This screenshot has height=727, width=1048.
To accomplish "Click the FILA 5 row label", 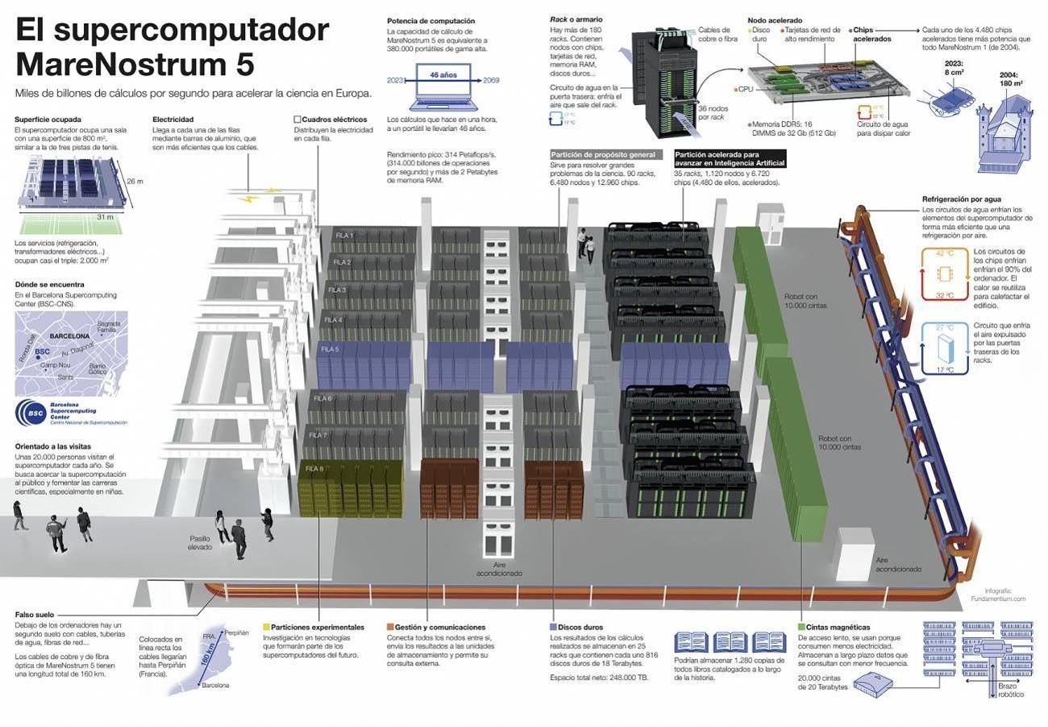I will click(x=330, y=349).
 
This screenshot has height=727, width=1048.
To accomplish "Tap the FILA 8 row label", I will click(x=314, y=469).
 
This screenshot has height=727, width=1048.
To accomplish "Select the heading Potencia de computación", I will click(x=430, y=21).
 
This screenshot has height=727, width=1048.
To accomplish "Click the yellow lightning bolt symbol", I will click(x=253, y=196).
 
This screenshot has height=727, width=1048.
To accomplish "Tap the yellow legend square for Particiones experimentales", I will click(x=267, y=627).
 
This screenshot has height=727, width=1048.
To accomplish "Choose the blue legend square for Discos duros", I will click(x=552, y=627).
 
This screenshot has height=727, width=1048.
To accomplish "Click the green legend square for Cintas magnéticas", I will click(x=801, y=627).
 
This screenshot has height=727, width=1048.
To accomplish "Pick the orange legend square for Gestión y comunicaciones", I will click(x=390, y=627).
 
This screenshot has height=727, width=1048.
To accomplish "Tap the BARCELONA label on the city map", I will click(x=70, y=336).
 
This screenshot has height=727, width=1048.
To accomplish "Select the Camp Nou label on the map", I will click(x=55, y=366).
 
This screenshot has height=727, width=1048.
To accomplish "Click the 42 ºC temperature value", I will click(x=945, y=253).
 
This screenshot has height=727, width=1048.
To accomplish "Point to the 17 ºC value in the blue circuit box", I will click(x=945, y=370).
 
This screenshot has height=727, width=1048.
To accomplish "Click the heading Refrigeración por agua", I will click(x=961, y=199).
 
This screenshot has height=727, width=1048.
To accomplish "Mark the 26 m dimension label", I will click(x=135, y=182).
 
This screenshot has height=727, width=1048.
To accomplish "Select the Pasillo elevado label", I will click(x=200, y=543).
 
